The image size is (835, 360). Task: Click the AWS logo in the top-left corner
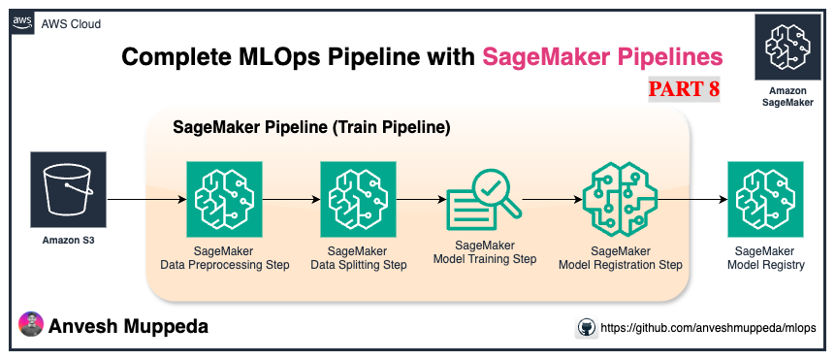22,22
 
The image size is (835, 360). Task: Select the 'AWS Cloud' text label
71,23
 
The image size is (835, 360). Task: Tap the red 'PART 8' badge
684,90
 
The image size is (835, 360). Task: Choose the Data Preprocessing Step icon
223,199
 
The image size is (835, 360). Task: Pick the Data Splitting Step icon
358,199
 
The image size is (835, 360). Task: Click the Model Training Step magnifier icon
484,199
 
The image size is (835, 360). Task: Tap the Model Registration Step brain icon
621,199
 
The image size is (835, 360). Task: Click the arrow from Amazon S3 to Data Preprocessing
145,200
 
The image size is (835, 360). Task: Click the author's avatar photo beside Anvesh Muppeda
32,326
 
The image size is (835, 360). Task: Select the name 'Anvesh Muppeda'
128,327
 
